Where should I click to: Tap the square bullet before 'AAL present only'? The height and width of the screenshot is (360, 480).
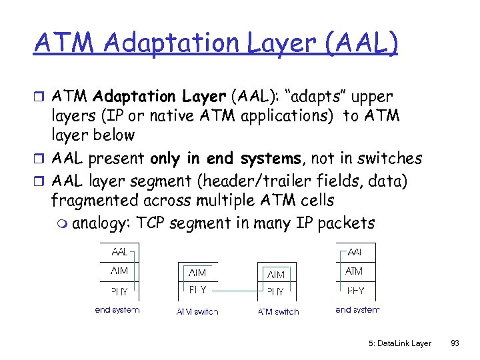tap(40, 159)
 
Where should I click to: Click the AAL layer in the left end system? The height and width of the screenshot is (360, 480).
tap(119, 253)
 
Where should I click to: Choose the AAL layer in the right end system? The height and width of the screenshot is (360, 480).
tap(355, 253)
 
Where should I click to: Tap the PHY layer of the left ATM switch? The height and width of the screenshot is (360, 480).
tap(197, 291)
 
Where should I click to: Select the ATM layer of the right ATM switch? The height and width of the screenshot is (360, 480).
tap(276, 274)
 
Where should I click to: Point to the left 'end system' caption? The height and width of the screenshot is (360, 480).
tap(117, 310)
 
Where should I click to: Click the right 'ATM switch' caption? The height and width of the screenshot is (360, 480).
tap(278, 311)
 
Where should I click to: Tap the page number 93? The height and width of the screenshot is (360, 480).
tap(455, 343)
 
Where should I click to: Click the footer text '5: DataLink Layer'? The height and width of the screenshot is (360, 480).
tap(399, 343)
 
